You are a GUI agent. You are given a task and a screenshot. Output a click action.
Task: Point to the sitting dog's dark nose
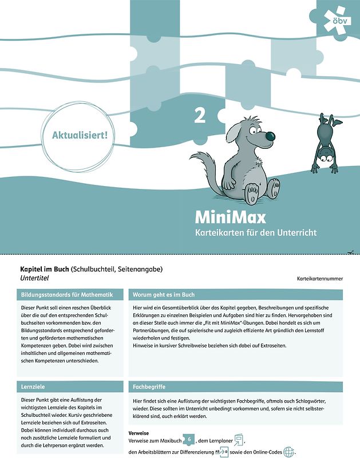pos(269,136)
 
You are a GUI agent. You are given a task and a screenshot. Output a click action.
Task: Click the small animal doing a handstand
pos(325,138)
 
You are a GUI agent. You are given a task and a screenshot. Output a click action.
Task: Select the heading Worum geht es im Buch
pos(164,295)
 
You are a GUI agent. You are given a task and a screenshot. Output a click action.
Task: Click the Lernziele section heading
pos(34,387)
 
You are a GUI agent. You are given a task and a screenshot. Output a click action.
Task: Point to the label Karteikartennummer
pos(320,279)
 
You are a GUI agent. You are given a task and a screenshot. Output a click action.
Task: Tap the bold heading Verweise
pos(139,433)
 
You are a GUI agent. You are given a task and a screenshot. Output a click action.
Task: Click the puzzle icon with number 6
pos(188,440)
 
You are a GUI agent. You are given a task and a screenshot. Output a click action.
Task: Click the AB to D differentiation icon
pos(220,452)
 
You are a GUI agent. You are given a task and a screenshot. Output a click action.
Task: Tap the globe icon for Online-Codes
pos(288,452)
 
